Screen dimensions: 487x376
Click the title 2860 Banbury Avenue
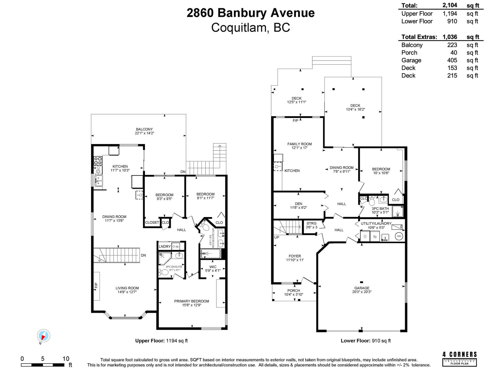coord(250,13)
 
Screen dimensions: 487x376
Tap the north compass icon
coord(44,336)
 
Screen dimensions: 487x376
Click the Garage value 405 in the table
coord(452,60)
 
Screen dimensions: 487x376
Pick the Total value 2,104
coord(450,5)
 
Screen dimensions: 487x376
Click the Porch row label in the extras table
coord(409,53)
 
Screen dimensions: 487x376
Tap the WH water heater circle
coord(399,236)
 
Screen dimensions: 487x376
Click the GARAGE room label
coord(362,288)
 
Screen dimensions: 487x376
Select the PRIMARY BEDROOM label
coord(192,301)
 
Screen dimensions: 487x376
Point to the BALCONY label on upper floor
coord(144,129)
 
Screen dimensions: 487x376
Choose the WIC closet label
coord(213,267)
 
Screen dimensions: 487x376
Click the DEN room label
coord(299,204)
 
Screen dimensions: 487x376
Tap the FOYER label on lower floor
coord(295,256)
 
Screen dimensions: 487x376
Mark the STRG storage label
coord(311,223)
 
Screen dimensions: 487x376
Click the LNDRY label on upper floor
coord(165,247)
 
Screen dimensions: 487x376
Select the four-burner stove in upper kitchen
coord(98,160)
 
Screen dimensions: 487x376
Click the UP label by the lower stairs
coord(277,237)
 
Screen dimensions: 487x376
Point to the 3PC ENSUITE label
coord(174,267)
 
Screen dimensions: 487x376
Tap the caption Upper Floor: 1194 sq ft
coord(161,341)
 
